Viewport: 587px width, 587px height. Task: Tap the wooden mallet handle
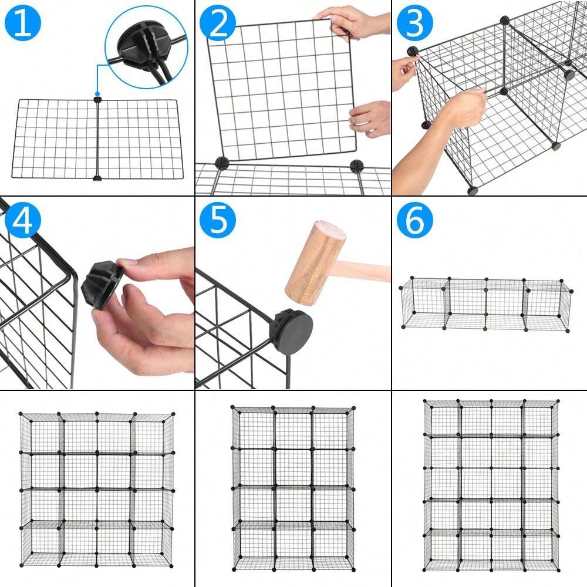(367, 272)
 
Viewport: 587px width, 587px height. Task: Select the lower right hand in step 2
(371, 119)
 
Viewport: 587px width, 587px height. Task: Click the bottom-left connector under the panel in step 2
(221, 163)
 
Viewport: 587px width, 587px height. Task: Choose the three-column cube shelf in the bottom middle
(293, 487)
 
